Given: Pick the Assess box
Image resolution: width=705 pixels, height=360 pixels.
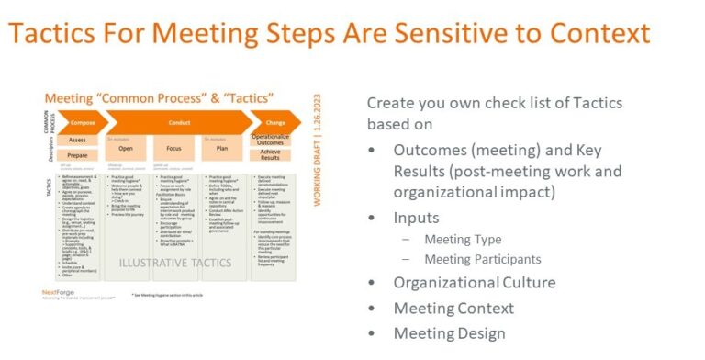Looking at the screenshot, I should [77, 141].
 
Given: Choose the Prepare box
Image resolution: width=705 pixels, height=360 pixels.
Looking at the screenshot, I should [77, 156].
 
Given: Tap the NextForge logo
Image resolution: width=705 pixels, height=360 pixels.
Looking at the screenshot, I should [58, 293].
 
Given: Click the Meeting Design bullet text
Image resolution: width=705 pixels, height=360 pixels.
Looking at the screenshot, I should [449, 333].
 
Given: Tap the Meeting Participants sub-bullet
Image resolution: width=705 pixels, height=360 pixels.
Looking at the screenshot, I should [482, 259].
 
